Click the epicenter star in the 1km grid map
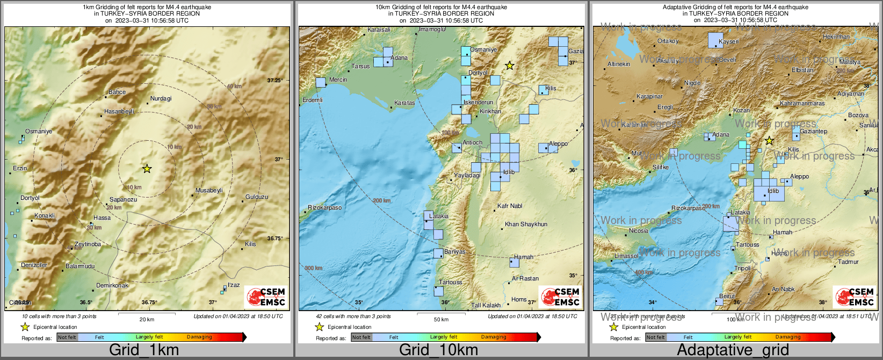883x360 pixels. click(x=147, y=169)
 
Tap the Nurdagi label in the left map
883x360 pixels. click(x=161, y=98)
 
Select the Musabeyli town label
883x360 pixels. click(x=209, y=190)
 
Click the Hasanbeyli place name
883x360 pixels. click(x=119, y=111)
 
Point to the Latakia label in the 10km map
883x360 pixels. click(x=439, y=216)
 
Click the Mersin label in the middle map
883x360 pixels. click(x=338, y=80)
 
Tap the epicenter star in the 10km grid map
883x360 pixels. click(x=510, y=66)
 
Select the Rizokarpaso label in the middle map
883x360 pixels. click(x=325, y=207)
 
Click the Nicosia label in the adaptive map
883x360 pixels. click(x=639, y=231)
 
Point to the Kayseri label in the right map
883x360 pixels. click(x=729, y=41)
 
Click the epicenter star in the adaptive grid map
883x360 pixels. click(x=769, y=141)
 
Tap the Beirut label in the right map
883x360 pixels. click(x=727, y=296)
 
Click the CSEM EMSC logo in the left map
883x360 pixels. click(x=266, y=297)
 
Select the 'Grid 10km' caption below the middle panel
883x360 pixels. click(x=438, y=350)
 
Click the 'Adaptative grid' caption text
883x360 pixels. click(x=733, y=350)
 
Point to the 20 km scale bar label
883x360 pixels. click(x=147, y=319)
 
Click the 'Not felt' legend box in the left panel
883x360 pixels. click(x=67, y=337)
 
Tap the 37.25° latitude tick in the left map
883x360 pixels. click(x=274, y=80)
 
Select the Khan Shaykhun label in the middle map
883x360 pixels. click(x=526, y=224)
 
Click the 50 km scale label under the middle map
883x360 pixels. click(x=441, y=319)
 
